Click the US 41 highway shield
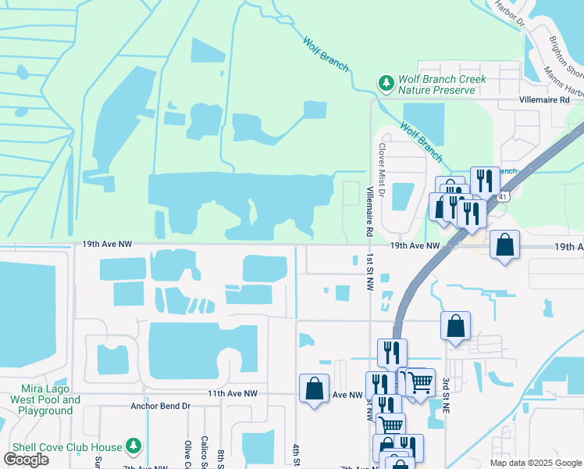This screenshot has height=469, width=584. [x=504, y=198]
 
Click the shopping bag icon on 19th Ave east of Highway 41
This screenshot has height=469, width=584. [x=505, y=245]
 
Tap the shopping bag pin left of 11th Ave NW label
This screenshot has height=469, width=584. [x=314, y=388]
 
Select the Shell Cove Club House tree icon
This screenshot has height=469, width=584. [x=134, y=446]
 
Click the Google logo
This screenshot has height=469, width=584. [x=27, y=459]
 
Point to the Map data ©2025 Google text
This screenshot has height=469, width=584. [x=536, y=462]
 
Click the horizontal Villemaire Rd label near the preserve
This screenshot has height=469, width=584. [x=550, y=101]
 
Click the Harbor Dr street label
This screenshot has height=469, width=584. [x=509, y=13]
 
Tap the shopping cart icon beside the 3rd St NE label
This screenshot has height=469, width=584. [x=421, y=382]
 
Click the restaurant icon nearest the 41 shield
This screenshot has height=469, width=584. [x=485, y=181]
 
